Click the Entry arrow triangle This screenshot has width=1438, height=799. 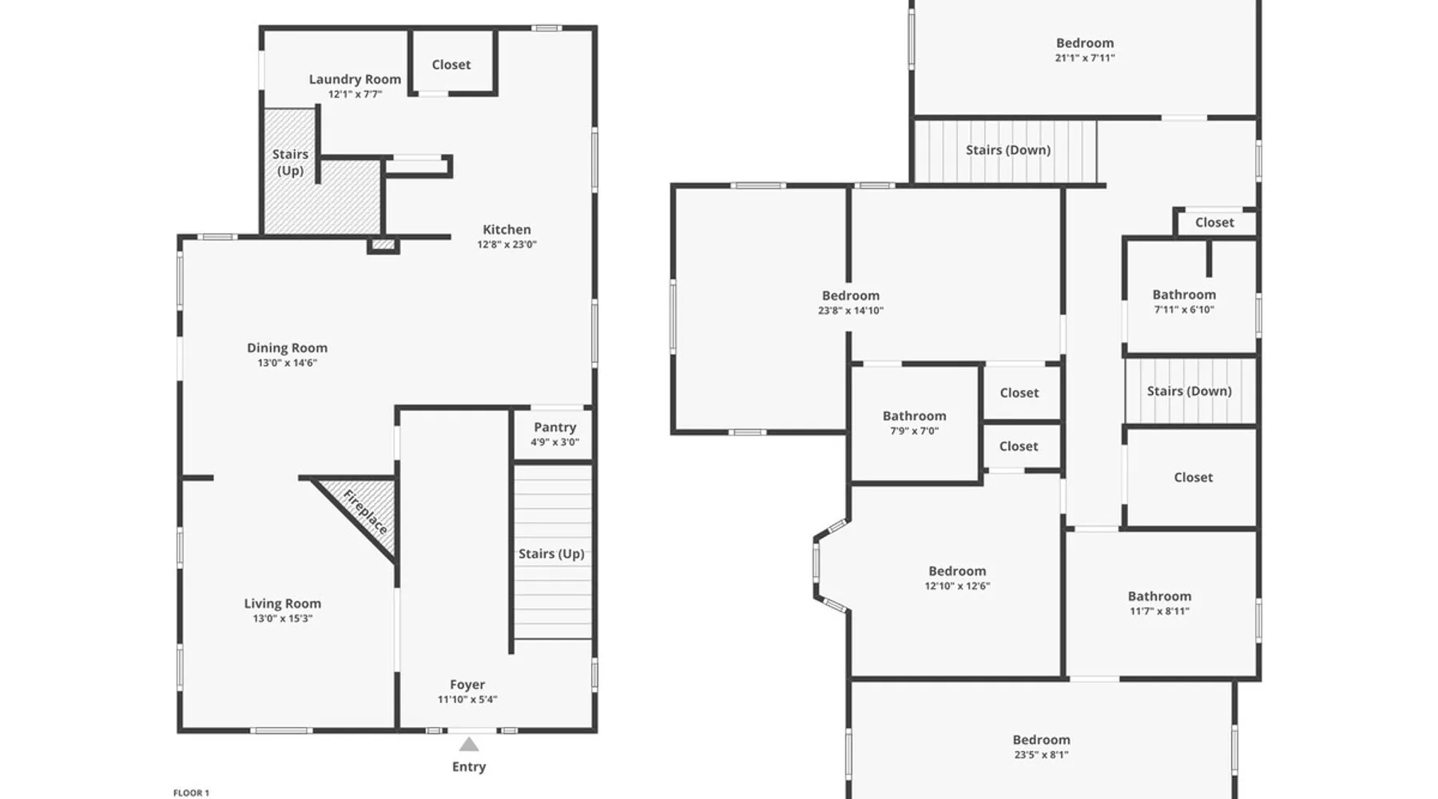(x=469, y=745)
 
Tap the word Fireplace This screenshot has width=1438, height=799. (x=365, y=511)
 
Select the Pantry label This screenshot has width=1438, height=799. (x=554, y=427)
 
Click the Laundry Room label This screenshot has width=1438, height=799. (x=355, y=79)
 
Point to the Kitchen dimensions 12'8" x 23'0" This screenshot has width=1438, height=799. (x=506, y=244)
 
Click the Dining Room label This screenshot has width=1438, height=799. (x=287, y=348)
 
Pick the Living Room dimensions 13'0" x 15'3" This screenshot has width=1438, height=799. (x=283, y=618)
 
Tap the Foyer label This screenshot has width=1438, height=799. (x=467, y=685)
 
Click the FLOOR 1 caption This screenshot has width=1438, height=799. (x=191, y=793)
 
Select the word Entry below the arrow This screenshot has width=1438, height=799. (x=469, y=767)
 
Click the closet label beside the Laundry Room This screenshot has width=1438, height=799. (x=451, y=65)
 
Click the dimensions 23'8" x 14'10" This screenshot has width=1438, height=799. (x=851, y=311)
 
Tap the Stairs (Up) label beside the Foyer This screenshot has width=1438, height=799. (x=551, y=554)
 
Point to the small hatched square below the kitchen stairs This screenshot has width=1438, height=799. (x=383, y=244)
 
